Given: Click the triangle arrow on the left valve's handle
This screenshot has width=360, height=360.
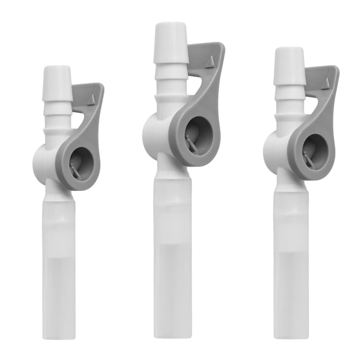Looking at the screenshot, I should pyautogui.click(x=91, y=99).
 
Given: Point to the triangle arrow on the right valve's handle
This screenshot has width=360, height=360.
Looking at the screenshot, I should pyautogui.click(x=325, y=84).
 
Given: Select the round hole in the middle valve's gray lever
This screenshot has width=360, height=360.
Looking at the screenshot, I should pyautogui.click(x=198, y=135).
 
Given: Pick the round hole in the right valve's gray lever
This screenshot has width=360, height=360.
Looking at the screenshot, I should pyautogui.click(x=315, y=153).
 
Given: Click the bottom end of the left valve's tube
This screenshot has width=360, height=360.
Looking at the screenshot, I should pyautogui.click(x=59, y=336).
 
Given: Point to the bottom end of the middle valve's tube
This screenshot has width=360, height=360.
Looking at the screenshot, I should pyautogui.click(x=173, y=335).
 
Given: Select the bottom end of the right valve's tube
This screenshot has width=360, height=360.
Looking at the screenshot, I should pyautogui.click(x=291, y=335).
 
